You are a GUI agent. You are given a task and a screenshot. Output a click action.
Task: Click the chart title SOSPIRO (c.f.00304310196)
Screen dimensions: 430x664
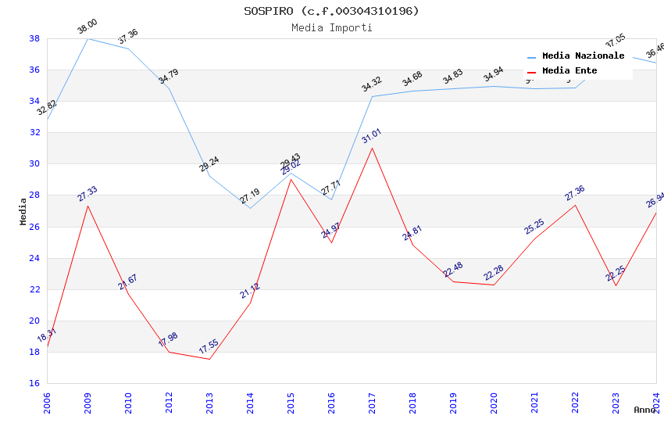(x=331, y=11)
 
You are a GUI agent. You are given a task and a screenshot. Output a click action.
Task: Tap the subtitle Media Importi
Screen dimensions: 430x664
(x=331, y=28)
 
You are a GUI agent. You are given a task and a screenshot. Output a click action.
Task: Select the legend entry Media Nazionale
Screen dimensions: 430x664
(x=583, y=56)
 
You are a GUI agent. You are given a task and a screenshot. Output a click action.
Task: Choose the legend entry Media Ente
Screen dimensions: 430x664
(x=569, y=71)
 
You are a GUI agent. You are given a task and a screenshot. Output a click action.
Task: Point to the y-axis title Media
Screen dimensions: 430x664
(x=23, y=211)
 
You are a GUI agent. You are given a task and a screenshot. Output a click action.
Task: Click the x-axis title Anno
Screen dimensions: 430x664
(x=644, y=410)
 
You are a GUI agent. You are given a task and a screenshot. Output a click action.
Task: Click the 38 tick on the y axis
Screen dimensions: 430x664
(x=34, y=38)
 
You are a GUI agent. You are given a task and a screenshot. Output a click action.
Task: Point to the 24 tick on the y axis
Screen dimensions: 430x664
(x=34, y=258)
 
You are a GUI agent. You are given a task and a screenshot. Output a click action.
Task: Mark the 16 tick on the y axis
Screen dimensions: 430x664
(x=34, y=383)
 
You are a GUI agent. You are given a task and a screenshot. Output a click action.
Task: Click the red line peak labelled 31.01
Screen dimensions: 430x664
(x=372, y=148)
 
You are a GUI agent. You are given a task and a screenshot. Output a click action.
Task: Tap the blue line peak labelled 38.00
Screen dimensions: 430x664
(x=87, y=38)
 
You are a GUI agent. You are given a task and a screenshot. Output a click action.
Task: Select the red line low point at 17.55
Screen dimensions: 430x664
(x=209, y=359)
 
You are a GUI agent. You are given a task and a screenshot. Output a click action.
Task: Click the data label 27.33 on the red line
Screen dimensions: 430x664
(x=87, y=194)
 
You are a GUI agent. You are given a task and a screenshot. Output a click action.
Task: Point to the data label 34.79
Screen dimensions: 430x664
(x=168, y=77)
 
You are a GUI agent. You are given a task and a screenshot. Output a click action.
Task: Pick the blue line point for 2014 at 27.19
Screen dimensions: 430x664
(x=250, y=208)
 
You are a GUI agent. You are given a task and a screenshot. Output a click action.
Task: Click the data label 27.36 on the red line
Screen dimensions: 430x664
(x=575, y=193)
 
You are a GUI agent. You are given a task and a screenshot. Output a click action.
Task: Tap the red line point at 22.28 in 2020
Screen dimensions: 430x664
(x=494, y=285)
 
